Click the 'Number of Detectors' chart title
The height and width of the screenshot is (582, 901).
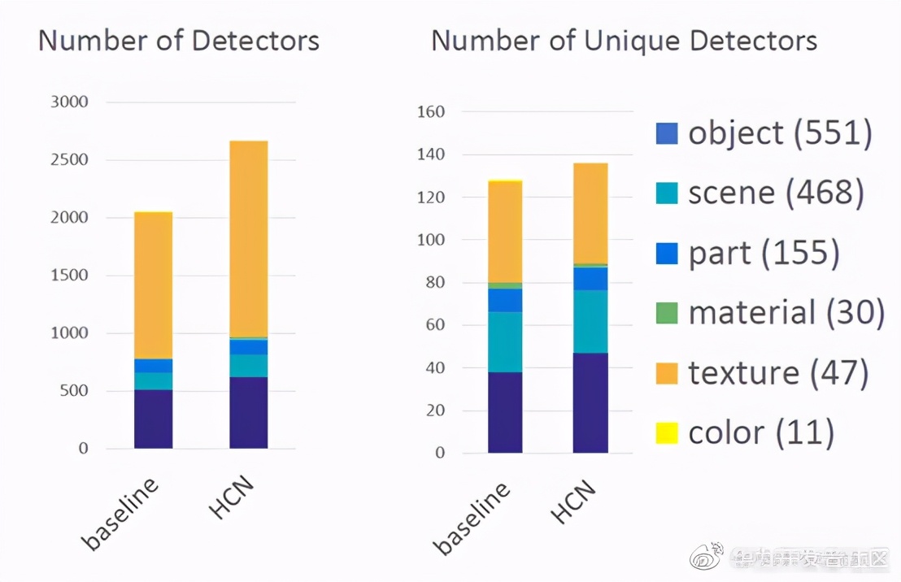(x=178, y=41)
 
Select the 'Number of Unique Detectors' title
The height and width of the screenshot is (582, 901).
(x=624, y=41)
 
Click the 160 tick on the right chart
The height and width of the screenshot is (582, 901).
(x=430, y=111)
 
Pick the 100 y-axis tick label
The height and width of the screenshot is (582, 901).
(x=430, y=240)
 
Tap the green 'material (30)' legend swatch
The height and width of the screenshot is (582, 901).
(x=667, y=313)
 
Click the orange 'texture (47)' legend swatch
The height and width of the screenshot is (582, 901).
(x=667, y=373)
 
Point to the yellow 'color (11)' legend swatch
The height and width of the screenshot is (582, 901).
(x=667, y=433)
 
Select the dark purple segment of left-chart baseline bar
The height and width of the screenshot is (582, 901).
(x=153, y=419)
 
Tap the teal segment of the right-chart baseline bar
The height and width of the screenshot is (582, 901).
(x=505, y=341)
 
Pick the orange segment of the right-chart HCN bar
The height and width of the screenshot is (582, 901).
(x=590, y=213)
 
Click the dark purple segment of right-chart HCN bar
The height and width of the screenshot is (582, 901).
(x=590, y=402)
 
